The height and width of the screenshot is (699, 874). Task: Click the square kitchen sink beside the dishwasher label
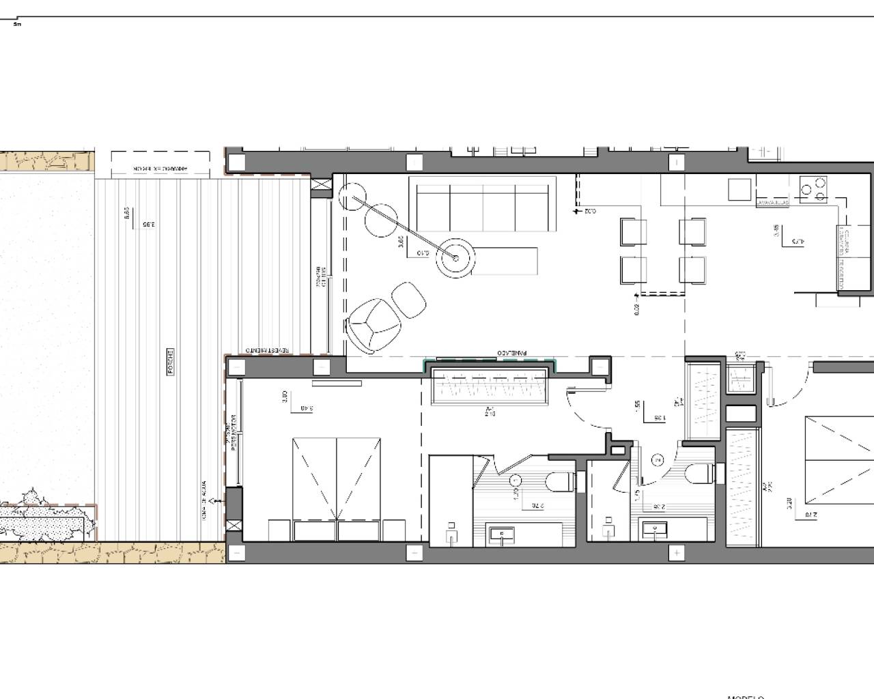pos(739,189)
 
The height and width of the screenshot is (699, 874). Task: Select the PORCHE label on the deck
pos(171,362)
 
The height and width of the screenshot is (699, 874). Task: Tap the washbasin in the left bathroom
pos(507,534)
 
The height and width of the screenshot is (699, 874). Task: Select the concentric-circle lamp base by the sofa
pos(455,257)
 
